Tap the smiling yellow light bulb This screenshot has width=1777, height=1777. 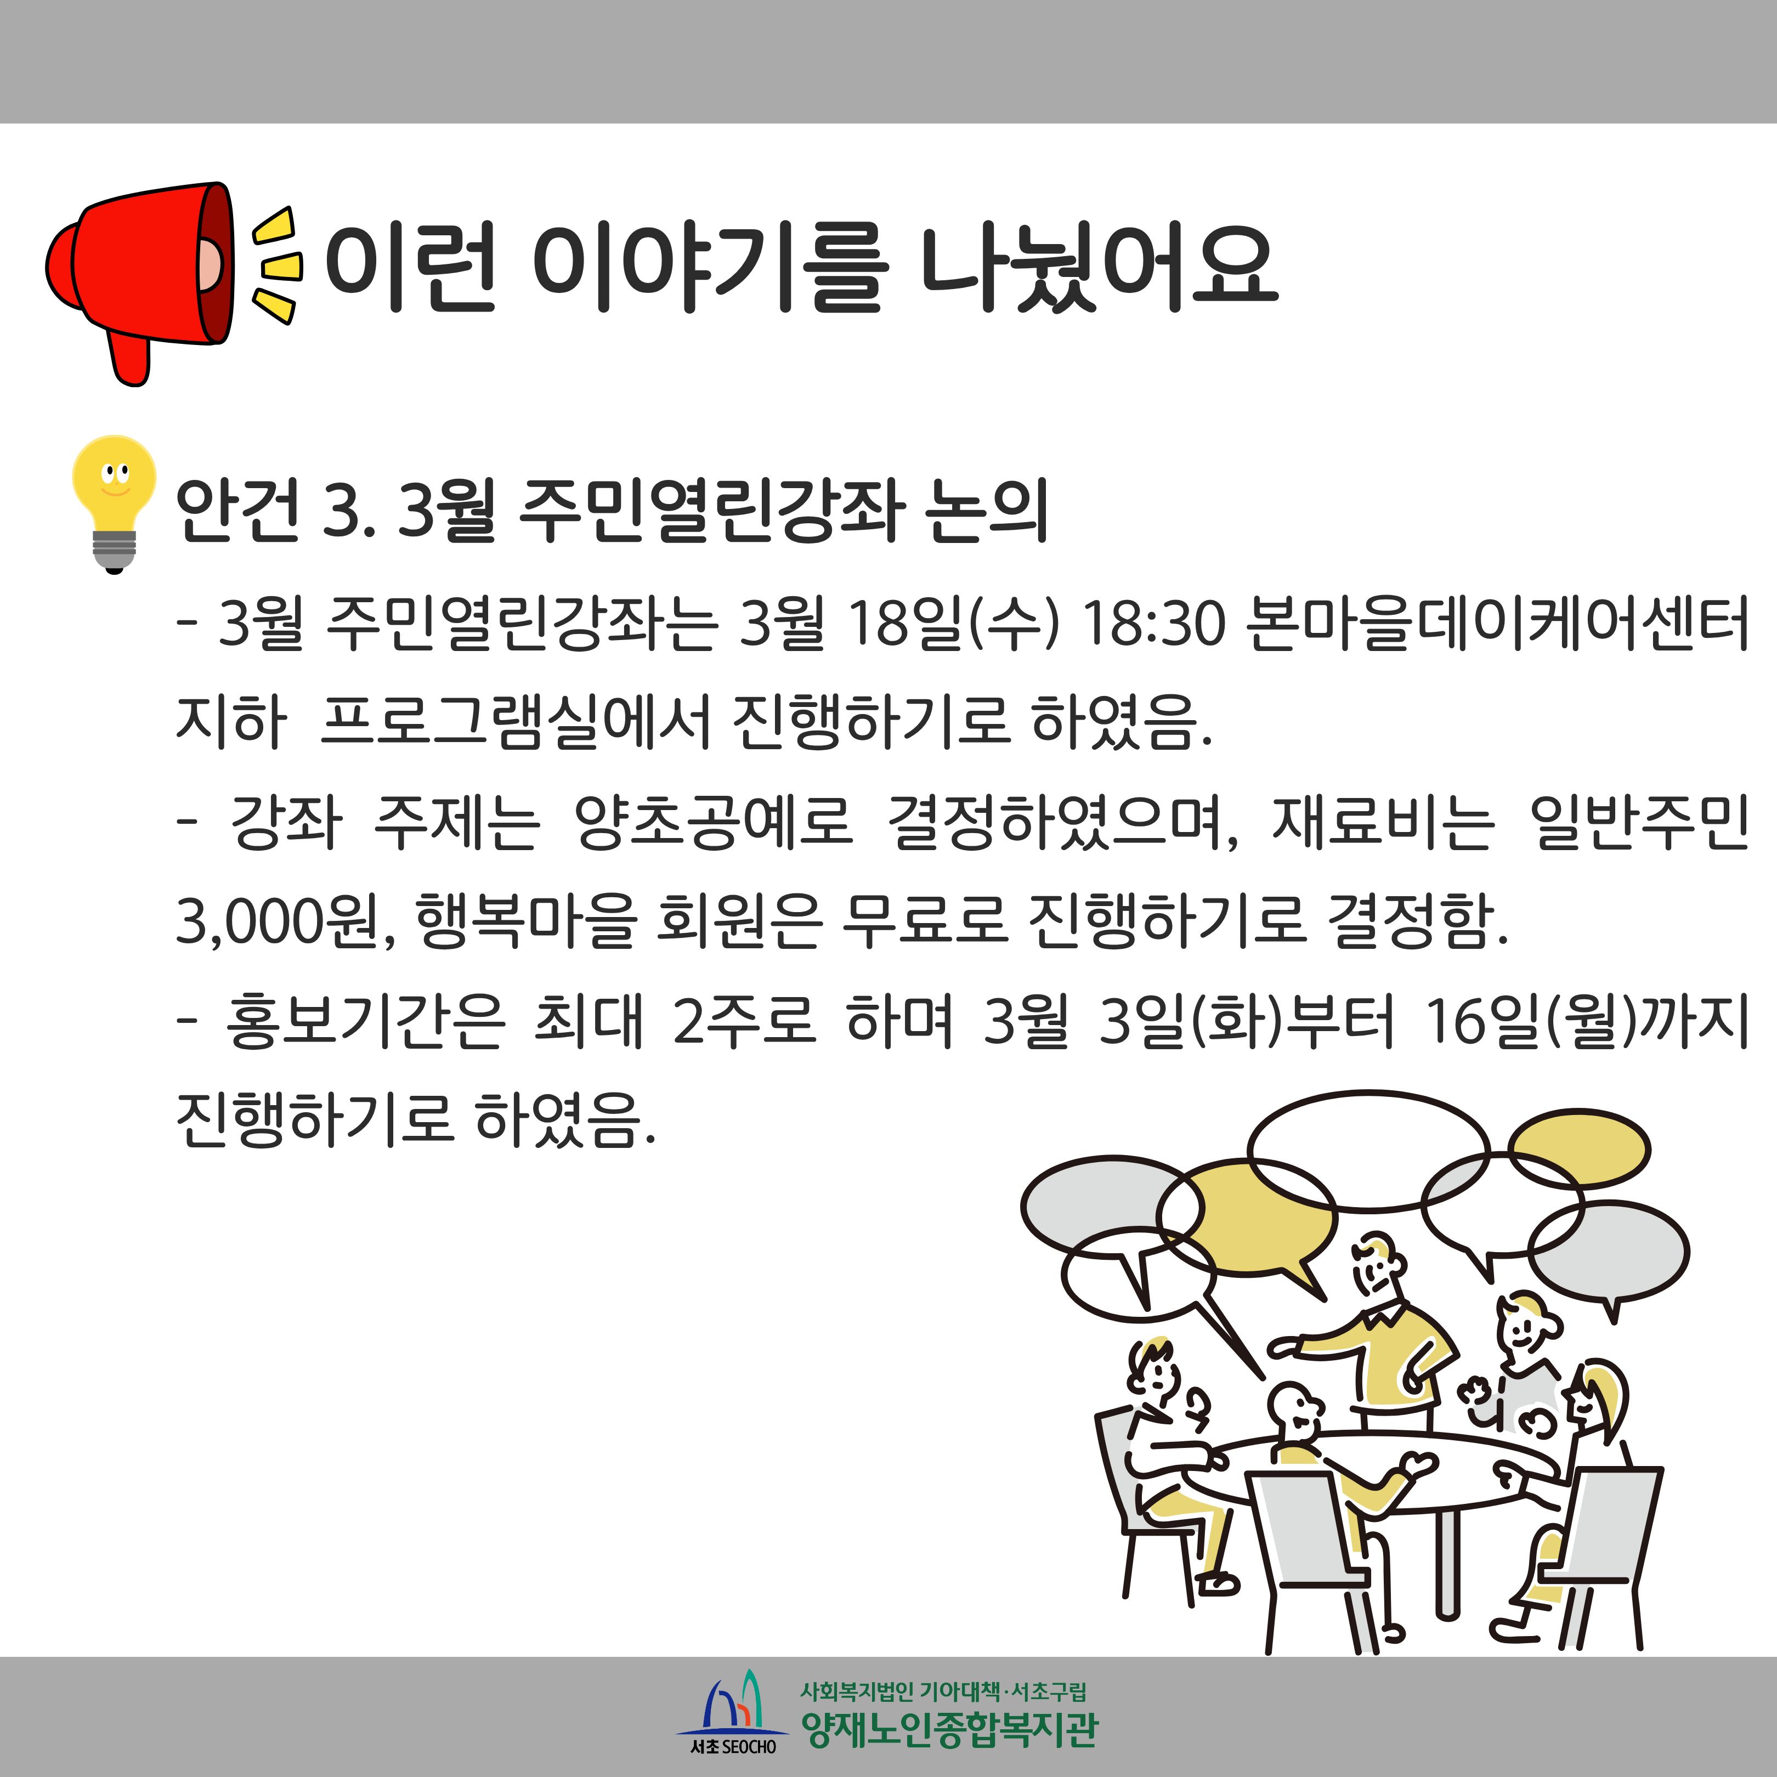[x=114, y=504]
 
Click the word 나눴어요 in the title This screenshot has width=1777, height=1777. [x=1099, y=266]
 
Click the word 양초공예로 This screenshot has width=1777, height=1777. [x=713, y=822]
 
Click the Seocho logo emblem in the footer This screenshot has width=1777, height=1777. [x=733, y=1710]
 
